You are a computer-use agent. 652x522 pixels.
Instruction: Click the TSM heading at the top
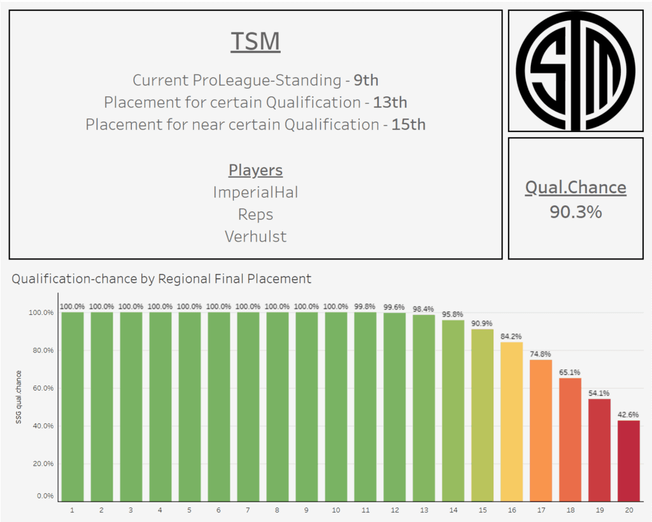coord(255,42)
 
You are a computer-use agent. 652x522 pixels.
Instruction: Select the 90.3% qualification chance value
coord(576,212)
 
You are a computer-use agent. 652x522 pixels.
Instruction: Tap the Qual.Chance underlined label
coord(576,187)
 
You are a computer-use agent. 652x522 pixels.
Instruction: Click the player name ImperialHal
coord(255,192)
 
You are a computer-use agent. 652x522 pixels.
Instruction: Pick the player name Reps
coord(255,214)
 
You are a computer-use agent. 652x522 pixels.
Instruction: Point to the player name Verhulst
coord(255,236)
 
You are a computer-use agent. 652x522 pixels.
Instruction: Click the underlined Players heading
coord(255,170)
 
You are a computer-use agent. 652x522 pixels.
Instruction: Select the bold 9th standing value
coord(366,80)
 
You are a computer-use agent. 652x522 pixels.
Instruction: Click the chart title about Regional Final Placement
coord(162,279)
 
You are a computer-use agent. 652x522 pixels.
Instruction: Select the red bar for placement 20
coord(628,460)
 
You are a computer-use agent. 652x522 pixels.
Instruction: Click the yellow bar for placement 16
coord(511,421)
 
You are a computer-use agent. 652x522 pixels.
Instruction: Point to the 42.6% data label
coord(628,414)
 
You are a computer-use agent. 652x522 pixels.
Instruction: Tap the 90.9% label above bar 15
coord(482,323)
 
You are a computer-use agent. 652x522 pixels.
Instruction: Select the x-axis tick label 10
coord(336,511)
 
